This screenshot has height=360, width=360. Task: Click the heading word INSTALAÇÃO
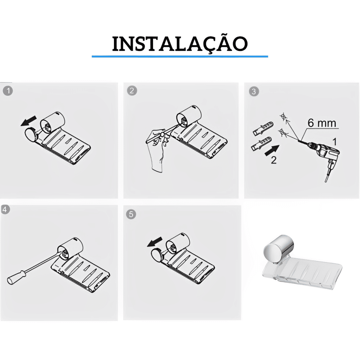pyautogui.click(x=180, y=44)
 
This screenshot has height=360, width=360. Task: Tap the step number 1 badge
pyautogui.click(x=8, y=91)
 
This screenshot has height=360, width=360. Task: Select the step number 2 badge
pyautogui.click(x=132, y=91)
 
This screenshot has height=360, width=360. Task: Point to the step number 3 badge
pyautogui.click(x=254, y=91)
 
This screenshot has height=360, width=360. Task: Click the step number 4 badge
pyautogui.click(x=5, y=209)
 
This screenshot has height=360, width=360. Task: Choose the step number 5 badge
pyautogui.click(x=131, y=214)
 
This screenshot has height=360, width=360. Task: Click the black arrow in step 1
pyautogui.click(x=29, y=121)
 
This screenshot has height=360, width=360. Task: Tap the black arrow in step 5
pyautogui.click(x=155, y=242)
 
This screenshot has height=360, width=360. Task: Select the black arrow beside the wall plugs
pyautogui.click(x=272, y=151)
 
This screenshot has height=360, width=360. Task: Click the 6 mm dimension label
pyautogui.click(x=322, y=123)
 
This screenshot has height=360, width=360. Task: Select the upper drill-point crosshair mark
pyautogui.click(x=284, y=117)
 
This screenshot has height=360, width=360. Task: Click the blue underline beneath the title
pyautogui.click(x=180, y=56)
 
